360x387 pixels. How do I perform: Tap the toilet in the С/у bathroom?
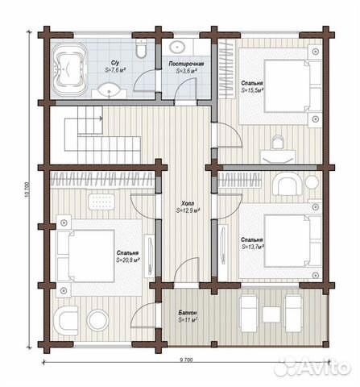coord(141,48)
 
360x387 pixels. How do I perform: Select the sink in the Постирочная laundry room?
coord(177,47)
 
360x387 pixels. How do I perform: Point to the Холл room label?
coord(188,203)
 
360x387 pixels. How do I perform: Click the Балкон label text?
coord(188,313)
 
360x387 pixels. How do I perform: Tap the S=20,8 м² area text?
coord(128,260)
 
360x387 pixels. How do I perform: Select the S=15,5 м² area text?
coord(252,90)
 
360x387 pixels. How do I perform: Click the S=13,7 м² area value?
coord(252,247)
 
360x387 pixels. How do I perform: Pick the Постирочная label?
coord(186,64)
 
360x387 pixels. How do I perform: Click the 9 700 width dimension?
coord(186,360)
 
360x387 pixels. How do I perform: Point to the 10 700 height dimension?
coord(27,189)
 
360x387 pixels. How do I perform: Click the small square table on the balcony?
coord(271,314)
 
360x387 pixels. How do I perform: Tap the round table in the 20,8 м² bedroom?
coord(97,320)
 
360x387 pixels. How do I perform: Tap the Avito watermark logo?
coord(312,366)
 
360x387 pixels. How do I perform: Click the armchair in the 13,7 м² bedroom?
coord(287,184)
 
